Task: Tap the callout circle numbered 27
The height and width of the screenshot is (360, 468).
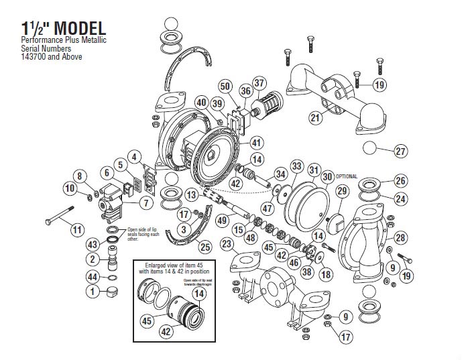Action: tap(400, 152)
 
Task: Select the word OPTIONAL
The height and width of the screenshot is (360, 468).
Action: tap(348, 176)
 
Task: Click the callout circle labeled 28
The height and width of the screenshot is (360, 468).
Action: tap(400, 237)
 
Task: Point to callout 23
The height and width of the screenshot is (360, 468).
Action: tap(227, 244)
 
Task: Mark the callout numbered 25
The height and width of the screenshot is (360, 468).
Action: tap(205, 247)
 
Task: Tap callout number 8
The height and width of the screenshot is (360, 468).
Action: tap(81, 176)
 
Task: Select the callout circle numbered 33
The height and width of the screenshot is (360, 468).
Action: tap(295, 166)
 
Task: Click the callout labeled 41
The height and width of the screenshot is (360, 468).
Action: tap(255, 143)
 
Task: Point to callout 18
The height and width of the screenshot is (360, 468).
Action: tap(326, 274)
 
